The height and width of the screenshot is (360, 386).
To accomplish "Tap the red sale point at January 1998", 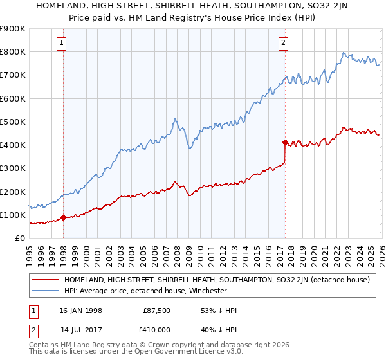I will click(x=64, y=218).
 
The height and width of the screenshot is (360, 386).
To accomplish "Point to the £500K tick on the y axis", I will click(x=13, y=122).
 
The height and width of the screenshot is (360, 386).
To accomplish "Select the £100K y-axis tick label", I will click(x=13, y=215).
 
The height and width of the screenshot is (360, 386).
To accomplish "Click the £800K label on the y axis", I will click(x=13, y=51).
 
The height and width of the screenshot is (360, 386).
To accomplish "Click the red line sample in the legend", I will click(x=46, y=280).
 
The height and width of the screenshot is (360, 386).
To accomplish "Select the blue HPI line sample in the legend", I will click(x=46, y=291).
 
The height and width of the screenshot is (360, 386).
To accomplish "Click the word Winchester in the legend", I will click(x=207, y=291).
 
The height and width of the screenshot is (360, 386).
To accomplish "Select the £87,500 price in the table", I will click(x=156, y=310).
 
